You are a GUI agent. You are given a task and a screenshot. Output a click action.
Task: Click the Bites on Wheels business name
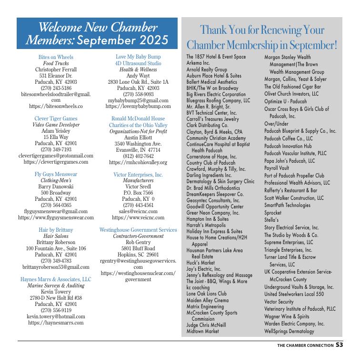(56, 57)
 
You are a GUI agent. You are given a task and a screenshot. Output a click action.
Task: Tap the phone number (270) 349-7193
(56, 149)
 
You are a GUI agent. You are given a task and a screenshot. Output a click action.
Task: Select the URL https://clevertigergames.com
(56, 162)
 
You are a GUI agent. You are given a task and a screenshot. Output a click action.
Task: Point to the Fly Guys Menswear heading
(56, 174)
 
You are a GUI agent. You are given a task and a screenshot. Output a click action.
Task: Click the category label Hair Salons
(56, 236)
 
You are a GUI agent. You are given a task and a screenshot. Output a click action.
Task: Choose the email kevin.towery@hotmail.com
(56, 316)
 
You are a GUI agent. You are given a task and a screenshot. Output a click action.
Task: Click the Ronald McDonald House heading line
(138, 119)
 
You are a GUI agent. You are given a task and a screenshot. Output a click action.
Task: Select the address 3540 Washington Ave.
(138, 144)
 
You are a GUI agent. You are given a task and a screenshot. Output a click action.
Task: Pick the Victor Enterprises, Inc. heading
(138, 175)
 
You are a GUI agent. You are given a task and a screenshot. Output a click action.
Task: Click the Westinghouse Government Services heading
(138, 230)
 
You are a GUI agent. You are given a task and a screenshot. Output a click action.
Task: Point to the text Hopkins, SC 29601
(138, 255)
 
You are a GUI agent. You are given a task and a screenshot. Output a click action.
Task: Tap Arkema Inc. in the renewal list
(198, 63)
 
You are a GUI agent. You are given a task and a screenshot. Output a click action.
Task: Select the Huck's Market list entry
(200, 262)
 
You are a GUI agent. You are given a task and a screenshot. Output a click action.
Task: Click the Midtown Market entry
(203, 331)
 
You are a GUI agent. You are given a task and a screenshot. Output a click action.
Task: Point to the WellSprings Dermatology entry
(289, 331)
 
